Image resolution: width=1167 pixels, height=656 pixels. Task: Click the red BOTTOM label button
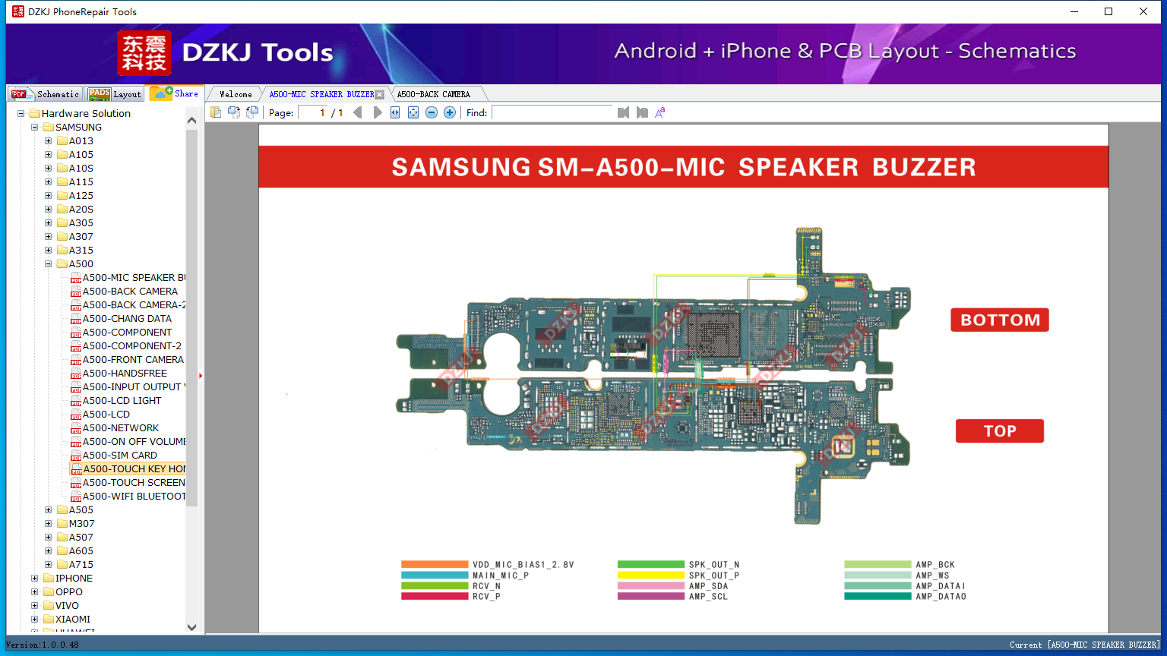pyautogui.click(x=999, y=320)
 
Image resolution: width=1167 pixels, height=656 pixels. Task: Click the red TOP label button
pyautogui.click(x=999, y=430)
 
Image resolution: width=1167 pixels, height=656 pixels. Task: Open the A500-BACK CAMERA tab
pyautogui.click(x=433, y=94)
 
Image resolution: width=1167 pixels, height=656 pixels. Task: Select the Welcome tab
pyautogui.click(x=236, y=94)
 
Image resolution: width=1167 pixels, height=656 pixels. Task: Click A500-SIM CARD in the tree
pyautogui.click(x=120, y=455)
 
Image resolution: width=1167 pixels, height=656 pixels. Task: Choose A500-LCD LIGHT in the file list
pyautogui.click(x=122, y=400)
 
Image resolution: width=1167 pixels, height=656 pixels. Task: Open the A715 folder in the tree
pyautogui.click(x=81, y=564)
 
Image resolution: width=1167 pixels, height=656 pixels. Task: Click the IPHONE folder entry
pyautogui.click(x=74, y=578)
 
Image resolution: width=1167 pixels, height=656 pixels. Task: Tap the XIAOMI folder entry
pyautogui.click(x=72, y=619)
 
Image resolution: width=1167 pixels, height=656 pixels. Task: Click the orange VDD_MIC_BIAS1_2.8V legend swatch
pyautogui.click(x=434, y=564)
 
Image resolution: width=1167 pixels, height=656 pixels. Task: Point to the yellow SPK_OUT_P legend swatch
pyautogui.click(x=650, y=575)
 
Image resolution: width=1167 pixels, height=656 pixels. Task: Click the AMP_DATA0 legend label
pyautogui.click(x=941, y=597)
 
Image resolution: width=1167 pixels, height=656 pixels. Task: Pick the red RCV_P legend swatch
pyautogui.click(x=434, y=596)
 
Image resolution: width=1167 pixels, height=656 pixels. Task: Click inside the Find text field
pyautogui.click(x=552, y=112)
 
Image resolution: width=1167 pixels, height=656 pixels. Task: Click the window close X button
pyautogui.click(x=1143, y=11)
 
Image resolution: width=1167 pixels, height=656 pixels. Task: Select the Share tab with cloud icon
pyautogui.click(x=175, y=93)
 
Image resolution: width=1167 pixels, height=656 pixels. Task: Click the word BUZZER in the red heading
pyautogui.click(x=924, y=167)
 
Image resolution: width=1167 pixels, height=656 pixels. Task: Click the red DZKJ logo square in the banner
pyautogui.click(x=144, y=53)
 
